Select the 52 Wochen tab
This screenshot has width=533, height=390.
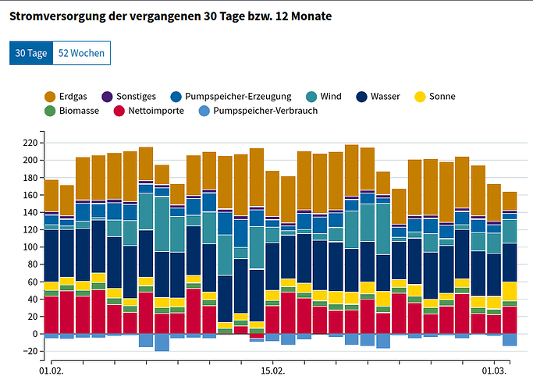tap(81, 53)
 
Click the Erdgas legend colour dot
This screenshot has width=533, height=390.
tap(52, 97)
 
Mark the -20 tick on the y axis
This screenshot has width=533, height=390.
tap(30, 351)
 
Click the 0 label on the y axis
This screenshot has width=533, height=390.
tap(35, 334)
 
